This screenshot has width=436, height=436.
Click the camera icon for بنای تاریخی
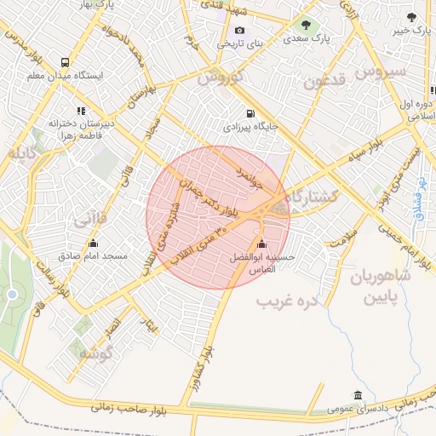coord(240,31)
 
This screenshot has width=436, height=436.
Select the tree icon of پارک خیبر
coord(410,17)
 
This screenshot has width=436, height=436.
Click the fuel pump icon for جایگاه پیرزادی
coord(249,113)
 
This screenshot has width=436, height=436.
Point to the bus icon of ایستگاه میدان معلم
coord(66,62)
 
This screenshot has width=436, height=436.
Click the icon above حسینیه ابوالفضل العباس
coord(261,244)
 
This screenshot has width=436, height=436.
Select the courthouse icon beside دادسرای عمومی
coord(357,396)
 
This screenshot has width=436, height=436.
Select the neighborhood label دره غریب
coord(288,301)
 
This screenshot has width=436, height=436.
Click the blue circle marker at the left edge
coord(12,295)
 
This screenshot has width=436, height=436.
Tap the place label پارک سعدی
coord(307,38)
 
